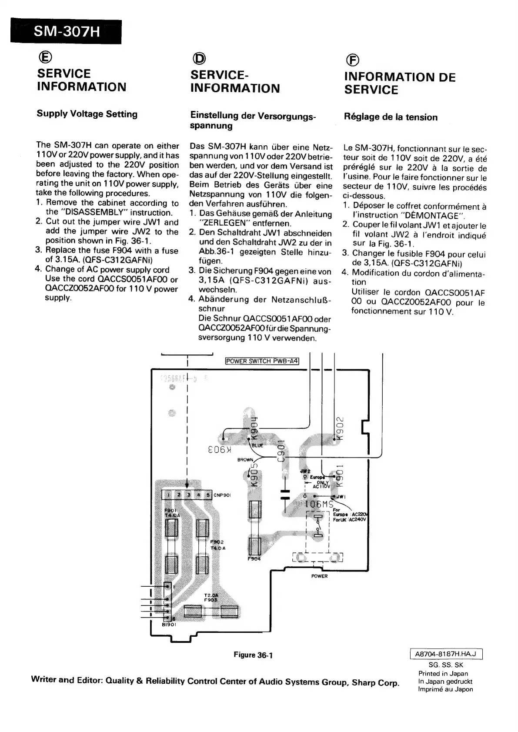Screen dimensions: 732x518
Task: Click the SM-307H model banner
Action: pos(66,32)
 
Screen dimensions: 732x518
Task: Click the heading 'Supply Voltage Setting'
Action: pos(87,114)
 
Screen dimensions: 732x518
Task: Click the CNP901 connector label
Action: pos(222,495)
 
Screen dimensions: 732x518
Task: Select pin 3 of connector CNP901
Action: pos(188,495)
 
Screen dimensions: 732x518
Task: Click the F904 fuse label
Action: pos(254,559)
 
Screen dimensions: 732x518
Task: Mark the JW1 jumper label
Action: pos(340,496)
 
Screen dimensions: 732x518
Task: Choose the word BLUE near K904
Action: pos(257,445)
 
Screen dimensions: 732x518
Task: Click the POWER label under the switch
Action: pos(319,576)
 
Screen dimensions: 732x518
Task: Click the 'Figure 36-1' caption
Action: pos(253,655)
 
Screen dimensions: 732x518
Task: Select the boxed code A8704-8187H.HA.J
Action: pos(446,654)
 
